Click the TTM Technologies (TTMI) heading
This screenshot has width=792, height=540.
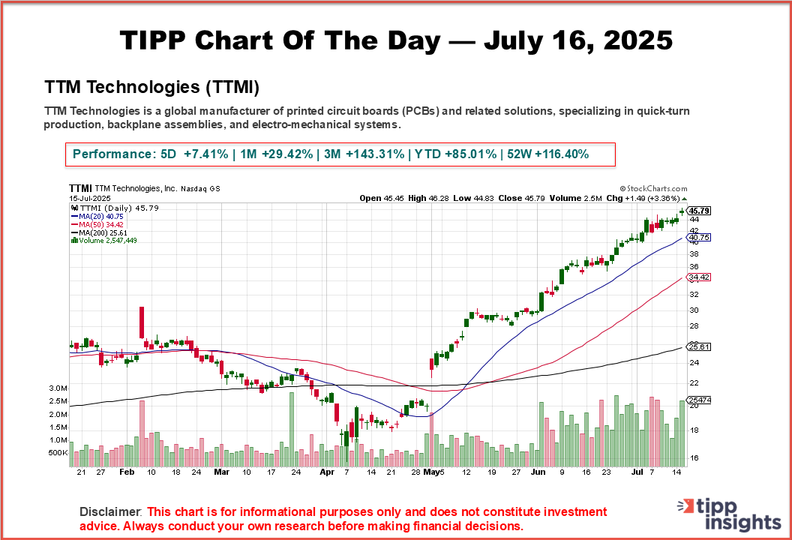pos(151,87)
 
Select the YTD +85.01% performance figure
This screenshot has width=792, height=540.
pos(452,154)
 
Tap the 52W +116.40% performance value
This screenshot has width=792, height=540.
pos(547,154)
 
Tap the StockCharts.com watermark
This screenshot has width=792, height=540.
pos(653,190)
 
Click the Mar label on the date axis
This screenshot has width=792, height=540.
pos(221,472)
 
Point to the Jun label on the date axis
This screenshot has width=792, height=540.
pos(538,472)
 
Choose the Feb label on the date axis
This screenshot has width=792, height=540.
pos(127,472)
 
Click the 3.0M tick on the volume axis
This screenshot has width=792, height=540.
pos(79,388)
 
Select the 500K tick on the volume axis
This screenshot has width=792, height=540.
pos(79,453)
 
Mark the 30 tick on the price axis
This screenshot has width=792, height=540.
pos(694,310)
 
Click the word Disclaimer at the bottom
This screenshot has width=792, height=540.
pos(110,511)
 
